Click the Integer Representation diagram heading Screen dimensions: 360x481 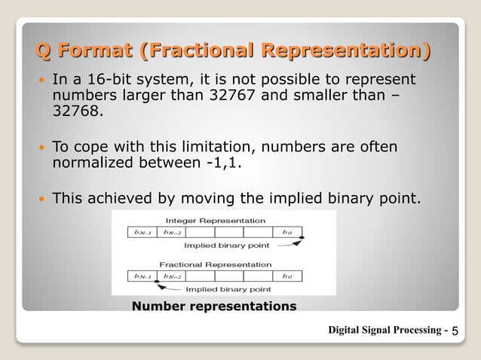pos(215,221)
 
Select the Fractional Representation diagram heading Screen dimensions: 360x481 pos(215,264)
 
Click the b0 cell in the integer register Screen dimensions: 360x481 pos(287,233)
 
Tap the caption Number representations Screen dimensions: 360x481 pos(214,306)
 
